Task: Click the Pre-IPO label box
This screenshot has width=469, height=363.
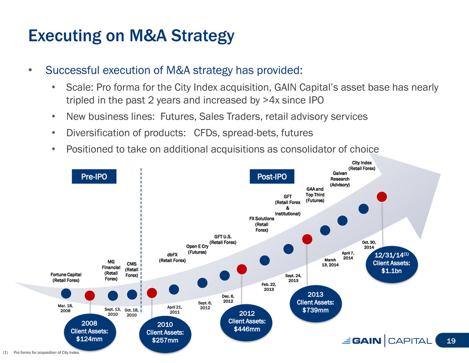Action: [x=94, y=176]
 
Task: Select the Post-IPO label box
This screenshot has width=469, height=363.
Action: [x=272, y=176]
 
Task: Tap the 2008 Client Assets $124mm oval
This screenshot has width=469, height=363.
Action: [x=89, y=332]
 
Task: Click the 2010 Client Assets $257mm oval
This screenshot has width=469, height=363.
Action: [x=165, y=333]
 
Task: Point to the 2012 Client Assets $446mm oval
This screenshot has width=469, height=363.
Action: [x=246, y=322]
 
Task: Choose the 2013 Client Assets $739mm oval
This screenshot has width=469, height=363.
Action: [x=315, y=303]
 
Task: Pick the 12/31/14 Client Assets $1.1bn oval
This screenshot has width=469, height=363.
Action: [x=391, y=263]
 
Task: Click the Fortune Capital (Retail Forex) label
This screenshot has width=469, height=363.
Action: [x=66, y=277]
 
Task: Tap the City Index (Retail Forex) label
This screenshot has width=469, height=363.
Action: [x=362, y=166]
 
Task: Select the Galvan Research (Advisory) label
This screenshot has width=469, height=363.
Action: [x=340, y=179]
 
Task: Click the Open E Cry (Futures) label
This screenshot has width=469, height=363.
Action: [x=197, y=249]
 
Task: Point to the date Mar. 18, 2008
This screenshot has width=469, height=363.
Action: [x=65, y=308]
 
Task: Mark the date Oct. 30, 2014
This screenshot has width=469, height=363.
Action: [x=369, y=245]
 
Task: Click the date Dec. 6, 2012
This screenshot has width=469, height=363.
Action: [x=228, y=298]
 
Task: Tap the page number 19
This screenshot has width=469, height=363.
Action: [x=451, y=341]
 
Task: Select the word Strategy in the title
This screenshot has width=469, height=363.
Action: [x=202, y=35]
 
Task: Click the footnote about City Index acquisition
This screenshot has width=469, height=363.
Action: [x=41, y=353]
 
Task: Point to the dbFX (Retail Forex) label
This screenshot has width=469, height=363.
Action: [x=172, y=258]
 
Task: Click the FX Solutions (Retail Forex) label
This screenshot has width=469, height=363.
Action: [x=262, y=224]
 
